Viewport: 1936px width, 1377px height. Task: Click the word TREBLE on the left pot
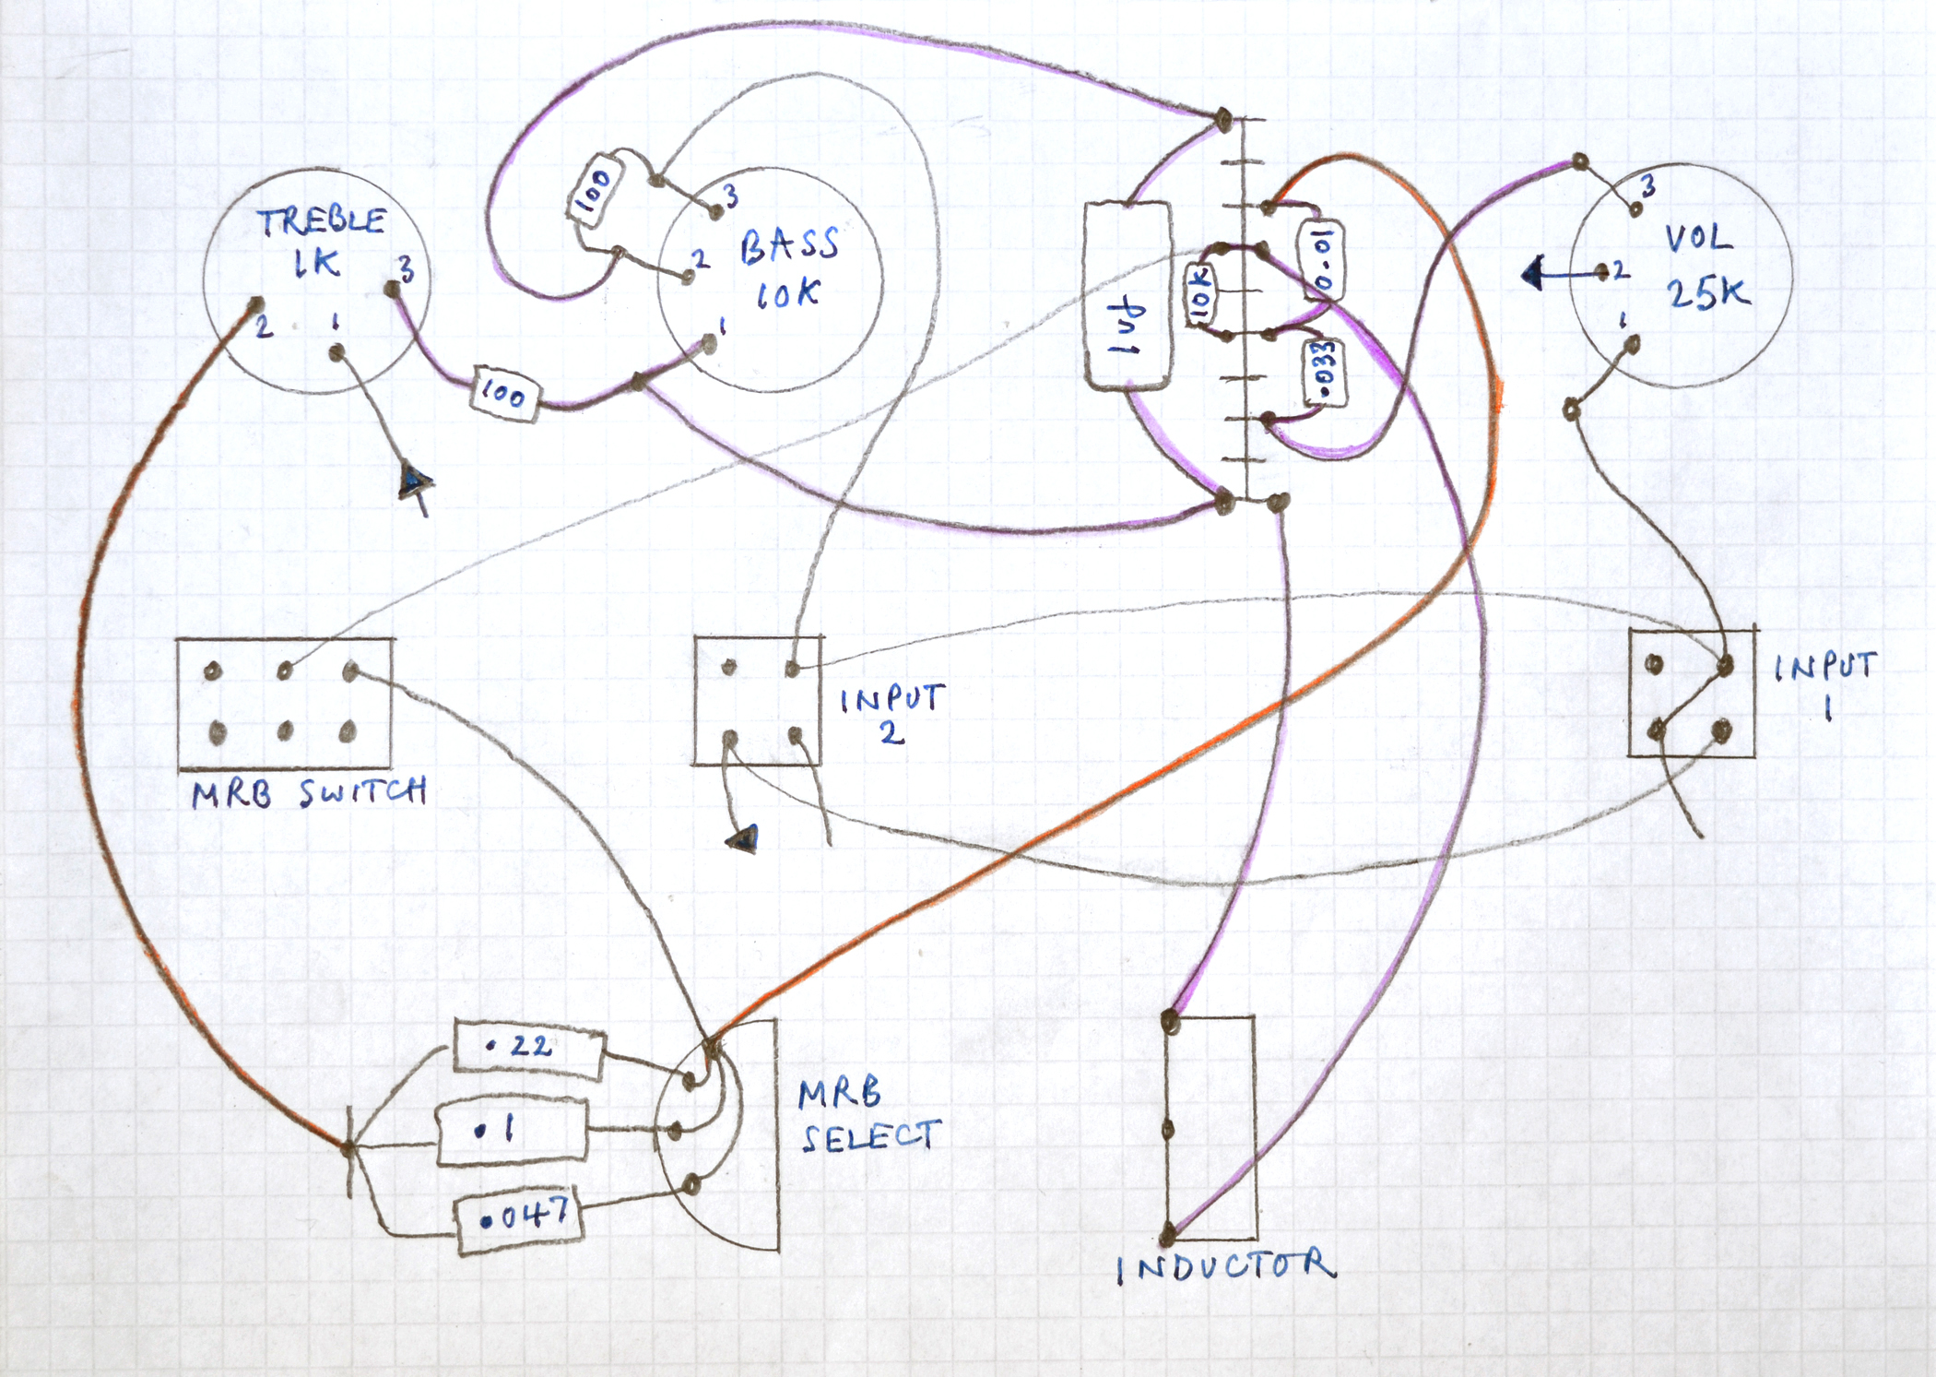coord(321,221)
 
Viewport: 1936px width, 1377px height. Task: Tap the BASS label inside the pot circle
coord(789,244)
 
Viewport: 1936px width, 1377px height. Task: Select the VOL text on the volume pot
coord(1698,238)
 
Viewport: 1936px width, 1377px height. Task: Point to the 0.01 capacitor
coord(1322,260)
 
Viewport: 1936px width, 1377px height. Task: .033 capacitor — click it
coord(1325,372)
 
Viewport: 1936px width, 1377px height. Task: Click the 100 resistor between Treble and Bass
coord(504,394)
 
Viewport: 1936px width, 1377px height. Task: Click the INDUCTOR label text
coord(1226,1267)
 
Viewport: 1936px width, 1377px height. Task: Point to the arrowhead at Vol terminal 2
coord(1533,273)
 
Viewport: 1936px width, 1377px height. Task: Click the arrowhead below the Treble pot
coord(415,481)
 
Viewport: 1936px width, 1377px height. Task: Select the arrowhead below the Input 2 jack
coord(743,838)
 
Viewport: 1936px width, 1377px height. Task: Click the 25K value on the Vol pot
coord(1707,293)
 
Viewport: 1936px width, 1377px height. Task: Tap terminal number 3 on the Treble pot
coord(406,269)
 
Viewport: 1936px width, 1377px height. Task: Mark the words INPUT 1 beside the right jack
coord(1825,683)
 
